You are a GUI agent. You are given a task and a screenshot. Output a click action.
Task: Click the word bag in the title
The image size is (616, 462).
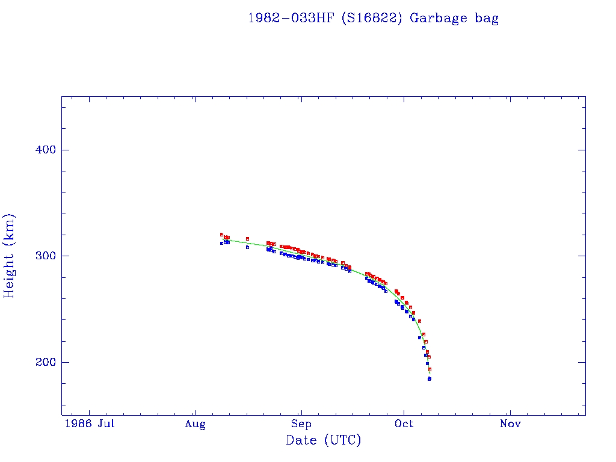pos(486,18)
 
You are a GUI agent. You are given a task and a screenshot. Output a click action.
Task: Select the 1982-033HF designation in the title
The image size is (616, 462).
pos(291,17)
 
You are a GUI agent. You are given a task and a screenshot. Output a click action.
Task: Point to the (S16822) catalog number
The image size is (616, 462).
pos(372,18)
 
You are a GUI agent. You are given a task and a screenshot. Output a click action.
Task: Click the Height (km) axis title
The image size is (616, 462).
pos(10,256)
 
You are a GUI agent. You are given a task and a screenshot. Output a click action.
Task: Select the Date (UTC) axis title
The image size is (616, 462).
pos(324,440)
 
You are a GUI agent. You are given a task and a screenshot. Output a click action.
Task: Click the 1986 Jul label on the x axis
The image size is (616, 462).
pos(90,424)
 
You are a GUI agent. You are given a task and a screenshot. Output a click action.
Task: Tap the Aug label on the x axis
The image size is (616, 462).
pos(195,424)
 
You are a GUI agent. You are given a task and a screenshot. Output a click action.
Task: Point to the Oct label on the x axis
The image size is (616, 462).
pos(404,424)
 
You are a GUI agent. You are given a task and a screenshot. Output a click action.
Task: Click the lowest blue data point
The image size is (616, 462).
pos(430,379)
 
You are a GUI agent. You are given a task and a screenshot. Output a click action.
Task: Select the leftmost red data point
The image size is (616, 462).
pos(221,235)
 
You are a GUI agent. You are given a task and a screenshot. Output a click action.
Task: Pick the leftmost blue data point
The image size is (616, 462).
pos(221,243)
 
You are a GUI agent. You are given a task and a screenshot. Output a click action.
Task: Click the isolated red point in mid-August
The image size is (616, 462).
pos(247,239)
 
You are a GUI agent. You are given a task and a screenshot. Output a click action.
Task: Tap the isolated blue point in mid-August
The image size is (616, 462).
pos(247,247)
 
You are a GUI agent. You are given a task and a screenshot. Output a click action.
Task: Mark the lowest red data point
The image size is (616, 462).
pos(430,369)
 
